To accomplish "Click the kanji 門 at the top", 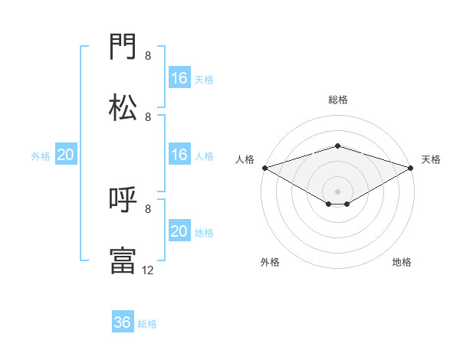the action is click(x=123, y=46).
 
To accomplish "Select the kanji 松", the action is click(x=123, y=107).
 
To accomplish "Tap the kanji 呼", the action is click(x=123, y=199).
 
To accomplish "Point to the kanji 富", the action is click(x=123, y=261).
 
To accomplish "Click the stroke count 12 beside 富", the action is click(x=147, y=270).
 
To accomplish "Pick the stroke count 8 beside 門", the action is click(x=148, y=56).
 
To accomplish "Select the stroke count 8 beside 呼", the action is click(x=148, y=209).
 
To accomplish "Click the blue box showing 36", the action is click(x=123, y=321).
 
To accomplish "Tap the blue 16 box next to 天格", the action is click(x=179, y=77).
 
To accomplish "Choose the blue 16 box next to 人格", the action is click(x=179, y=154).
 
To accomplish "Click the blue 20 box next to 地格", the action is click(x=179, y=230).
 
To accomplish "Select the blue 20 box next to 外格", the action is click(x=66, y=154).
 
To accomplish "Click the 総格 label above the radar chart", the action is click(x=338, y=100).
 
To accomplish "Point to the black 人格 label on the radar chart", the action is click(x=245, y=159).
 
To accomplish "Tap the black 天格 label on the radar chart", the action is click(x=431, y=159).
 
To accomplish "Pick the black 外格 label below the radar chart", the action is click(x=270, y=262).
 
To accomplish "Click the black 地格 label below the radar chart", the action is click(x=402, y=262).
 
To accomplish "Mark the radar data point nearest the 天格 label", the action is click(x=410, y=168).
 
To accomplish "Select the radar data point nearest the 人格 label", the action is click(x=265, y=168).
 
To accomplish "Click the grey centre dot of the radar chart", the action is click(x=337, y=191).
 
